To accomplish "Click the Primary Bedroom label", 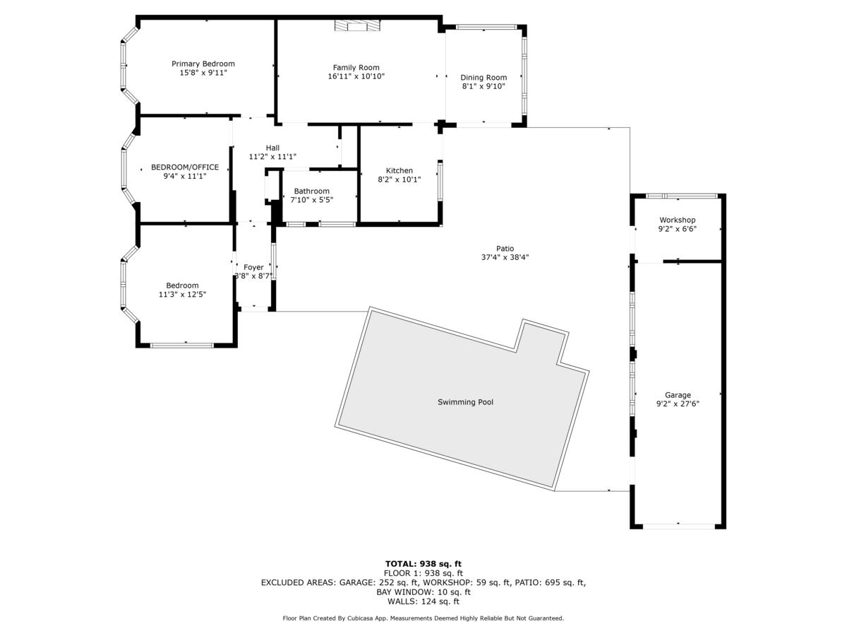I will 203,64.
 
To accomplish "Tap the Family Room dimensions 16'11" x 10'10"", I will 356,76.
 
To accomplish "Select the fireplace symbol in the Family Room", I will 357,25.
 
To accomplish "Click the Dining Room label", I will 483,78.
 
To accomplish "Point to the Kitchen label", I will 400,170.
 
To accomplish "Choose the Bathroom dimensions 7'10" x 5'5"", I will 312,200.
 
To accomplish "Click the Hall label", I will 272,148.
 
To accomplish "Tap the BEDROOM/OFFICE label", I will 185,167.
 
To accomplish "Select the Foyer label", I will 253,267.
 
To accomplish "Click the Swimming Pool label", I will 465,402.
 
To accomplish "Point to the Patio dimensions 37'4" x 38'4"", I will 505,258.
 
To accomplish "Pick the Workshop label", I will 678,220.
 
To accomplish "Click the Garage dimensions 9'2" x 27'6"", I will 678,404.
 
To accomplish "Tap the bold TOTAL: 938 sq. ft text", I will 423,564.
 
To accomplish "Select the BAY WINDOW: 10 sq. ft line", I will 423,592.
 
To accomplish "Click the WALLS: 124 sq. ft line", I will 423,601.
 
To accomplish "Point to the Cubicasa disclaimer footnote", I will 423,618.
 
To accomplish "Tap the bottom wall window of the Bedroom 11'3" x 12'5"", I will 182,345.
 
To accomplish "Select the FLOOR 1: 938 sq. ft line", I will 423,573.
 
